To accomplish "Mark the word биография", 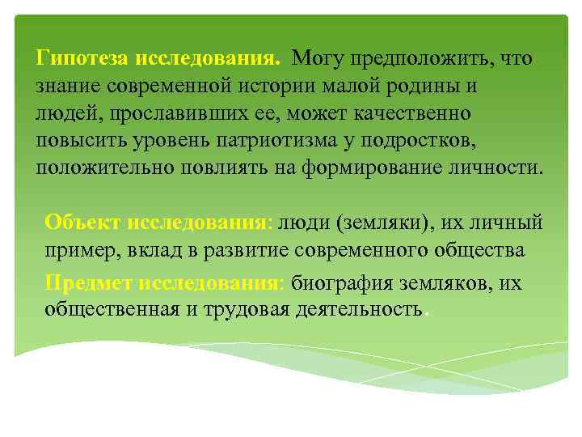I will pos(343,283).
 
